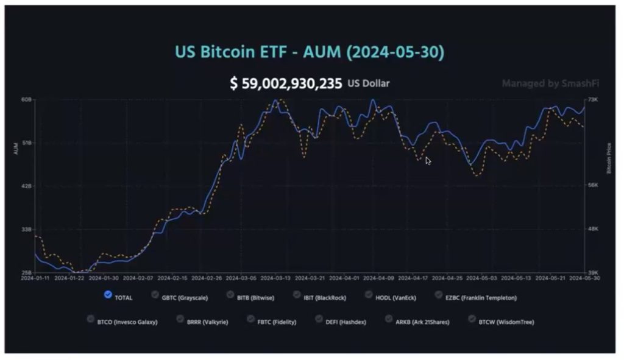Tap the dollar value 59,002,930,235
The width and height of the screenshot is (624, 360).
286,83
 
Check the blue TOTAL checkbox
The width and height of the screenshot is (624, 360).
108,295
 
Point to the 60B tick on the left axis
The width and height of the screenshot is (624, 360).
26,99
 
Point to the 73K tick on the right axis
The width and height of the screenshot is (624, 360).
593,99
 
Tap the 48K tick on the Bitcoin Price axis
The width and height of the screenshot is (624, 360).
593,229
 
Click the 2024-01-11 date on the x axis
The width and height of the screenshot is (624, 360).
35,278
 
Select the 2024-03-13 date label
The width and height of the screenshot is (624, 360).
275,278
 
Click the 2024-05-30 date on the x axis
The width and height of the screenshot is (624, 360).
583,278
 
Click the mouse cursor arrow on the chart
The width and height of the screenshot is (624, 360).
428,160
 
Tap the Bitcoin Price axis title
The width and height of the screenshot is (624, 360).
608,158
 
